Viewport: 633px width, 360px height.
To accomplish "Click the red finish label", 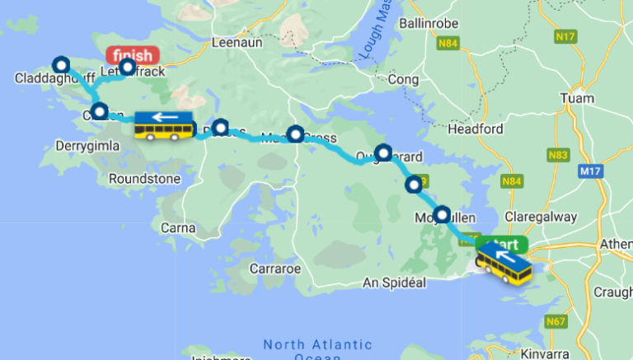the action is pos(132,55).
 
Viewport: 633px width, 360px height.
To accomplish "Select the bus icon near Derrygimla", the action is pos(164,126).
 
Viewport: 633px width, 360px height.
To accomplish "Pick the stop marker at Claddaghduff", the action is pos(60,64).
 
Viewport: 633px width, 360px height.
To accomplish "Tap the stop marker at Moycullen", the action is pos(443,214).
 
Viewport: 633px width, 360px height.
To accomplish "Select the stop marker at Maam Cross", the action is pos(295,133).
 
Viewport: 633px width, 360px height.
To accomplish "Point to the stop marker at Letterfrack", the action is pos(127,67).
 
